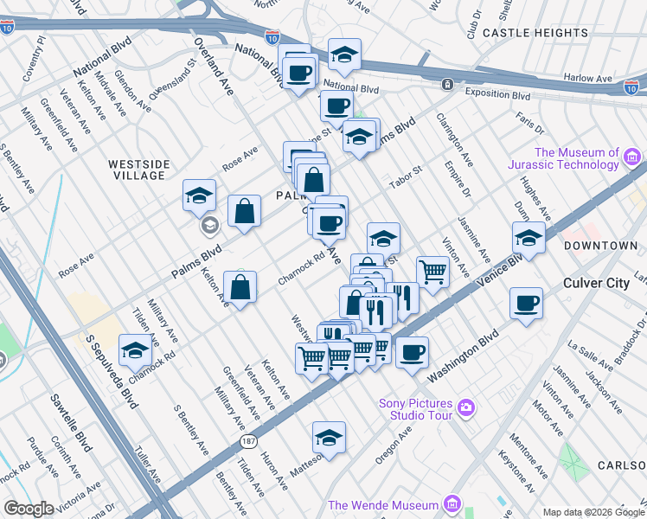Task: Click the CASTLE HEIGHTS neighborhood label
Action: click(x=527, y=32)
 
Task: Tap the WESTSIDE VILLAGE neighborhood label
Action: click(x=138, y=170)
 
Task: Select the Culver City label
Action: click(x=596, y=283)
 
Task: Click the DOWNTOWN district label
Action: click(x=601, y=246)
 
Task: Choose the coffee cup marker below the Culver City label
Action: click(x=526, y=304)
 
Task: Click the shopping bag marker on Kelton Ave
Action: click(x=240, y=288)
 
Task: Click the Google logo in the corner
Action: click(x=29, y=509)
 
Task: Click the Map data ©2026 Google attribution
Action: click(x=592, y=512)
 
